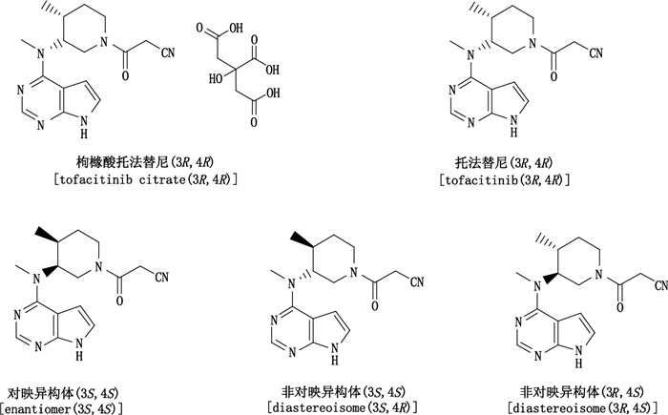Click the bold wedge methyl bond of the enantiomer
pos(48,235)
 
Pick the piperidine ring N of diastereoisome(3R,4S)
pos(594,280)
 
